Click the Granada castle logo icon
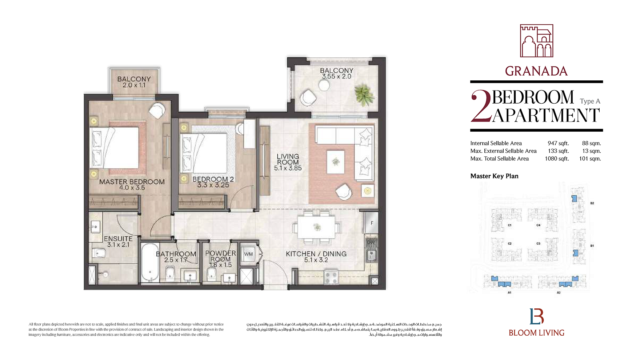[536, 41]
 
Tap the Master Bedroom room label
[132, 181]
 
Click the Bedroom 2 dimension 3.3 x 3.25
[213, 185]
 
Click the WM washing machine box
[248, 254]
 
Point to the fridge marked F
[371, 223]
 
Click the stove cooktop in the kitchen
[331, 277]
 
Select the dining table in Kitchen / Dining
[317, 227]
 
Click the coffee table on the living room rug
[336, 162]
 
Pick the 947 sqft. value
[558, 143]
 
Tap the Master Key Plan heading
[494, 176]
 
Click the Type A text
[590, 101]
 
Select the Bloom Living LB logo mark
[536, 316]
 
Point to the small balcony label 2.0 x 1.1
[134, 85]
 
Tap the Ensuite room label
[118, 239]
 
